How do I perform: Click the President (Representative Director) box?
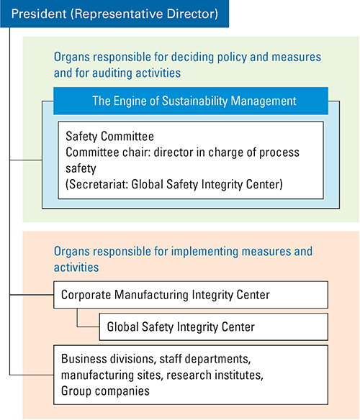click(x=114, y=14)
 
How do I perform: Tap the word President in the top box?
click(x=39, y=14)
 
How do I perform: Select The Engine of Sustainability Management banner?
click(x=191, y=101)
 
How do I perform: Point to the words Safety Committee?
click(x=109, y=137)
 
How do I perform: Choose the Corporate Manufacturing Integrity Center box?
click(x=191, y=295)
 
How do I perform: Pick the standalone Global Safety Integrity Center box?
click(x=214, y=327)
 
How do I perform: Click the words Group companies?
click(x=105, y=391)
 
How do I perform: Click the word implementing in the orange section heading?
click(x=204, y=252)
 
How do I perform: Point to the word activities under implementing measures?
click(x=76, y=268)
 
